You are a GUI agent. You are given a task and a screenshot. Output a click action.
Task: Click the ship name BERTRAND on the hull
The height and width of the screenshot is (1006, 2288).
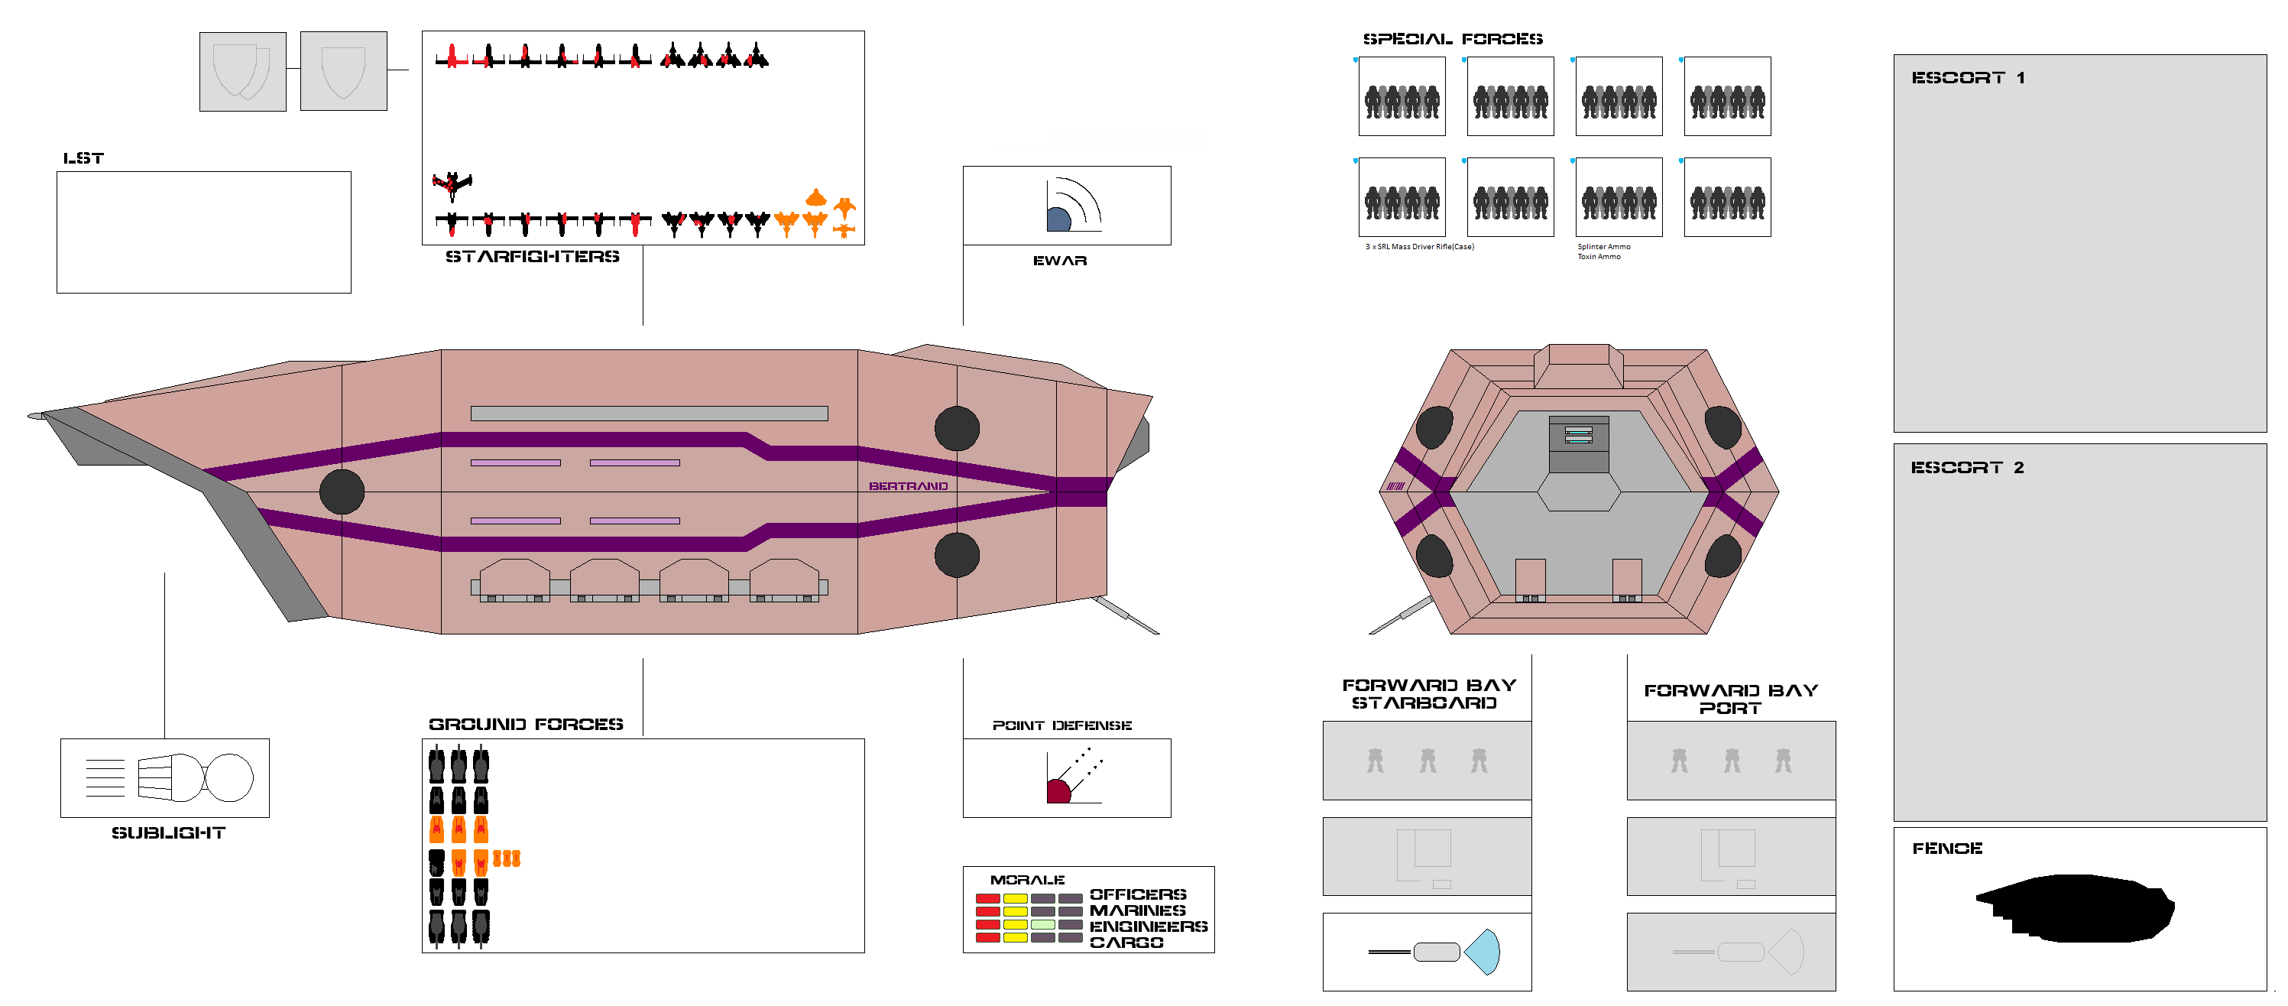click(908, 486)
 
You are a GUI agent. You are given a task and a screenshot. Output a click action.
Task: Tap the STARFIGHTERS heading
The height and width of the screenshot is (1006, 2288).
click(532, 257)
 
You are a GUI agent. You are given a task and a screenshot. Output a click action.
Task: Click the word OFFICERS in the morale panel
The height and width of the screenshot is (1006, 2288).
click(1138, 894)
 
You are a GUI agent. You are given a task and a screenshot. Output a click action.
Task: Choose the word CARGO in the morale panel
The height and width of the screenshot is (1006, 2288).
click(1126, 942)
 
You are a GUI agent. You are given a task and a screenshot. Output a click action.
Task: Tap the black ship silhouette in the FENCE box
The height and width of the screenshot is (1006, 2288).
click(2075, 908)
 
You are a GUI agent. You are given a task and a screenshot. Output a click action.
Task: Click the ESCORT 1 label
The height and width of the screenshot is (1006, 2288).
click(1967, 78)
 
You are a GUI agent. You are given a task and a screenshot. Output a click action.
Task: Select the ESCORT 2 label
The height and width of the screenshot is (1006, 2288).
click(1966, 467)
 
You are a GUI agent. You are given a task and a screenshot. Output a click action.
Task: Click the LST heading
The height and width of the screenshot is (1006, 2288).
click(83, 158)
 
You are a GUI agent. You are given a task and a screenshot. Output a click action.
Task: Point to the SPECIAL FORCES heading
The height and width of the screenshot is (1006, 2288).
click(1452, 39)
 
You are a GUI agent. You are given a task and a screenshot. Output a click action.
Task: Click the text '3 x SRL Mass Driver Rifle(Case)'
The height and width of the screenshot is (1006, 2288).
click(1419, 247)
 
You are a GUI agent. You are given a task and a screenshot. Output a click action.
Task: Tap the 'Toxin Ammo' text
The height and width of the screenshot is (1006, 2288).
click(1599, 257)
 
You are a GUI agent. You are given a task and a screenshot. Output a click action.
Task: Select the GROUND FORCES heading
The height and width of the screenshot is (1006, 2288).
click(526, 724)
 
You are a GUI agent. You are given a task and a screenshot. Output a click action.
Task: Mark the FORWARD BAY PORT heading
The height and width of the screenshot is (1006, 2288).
click(1730, 699)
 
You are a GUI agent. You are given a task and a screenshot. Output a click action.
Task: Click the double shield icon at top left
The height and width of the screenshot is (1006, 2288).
click(241, 71)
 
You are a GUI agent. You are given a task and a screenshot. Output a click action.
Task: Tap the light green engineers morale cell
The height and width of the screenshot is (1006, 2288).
click(1043, 925)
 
